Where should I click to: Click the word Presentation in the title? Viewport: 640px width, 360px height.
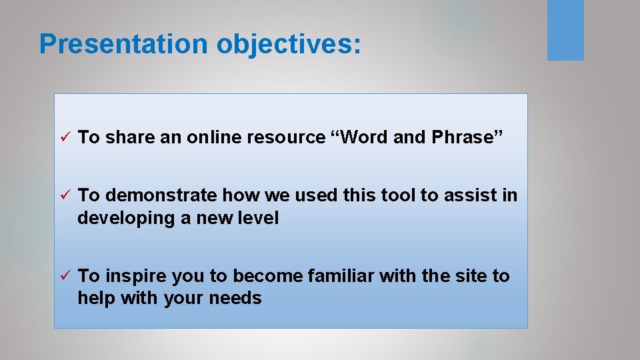[123, 44]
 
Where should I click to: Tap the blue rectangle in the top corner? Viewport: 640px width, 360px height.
[565, 30]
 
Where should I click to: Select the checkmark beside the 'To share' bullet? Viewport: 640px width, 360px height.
[65, 137]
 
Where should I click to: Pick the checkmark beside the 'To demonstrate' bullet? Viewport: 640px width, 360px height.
[65, 195]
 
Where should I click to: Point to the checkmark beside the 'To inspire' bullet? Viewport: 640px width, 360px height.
[65, 276]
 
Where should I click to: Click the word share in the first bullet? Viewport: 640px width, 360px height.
[129, 137]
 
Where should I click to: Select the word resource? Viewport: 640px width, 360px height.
[286, 137]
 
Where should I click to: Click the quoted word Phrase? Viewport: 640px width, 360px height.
[467, 137]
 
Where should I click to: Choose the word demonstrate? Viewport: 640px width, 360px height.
[161, 195]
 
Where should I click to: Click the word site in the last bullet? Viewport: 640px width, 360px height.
[468, 276]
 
